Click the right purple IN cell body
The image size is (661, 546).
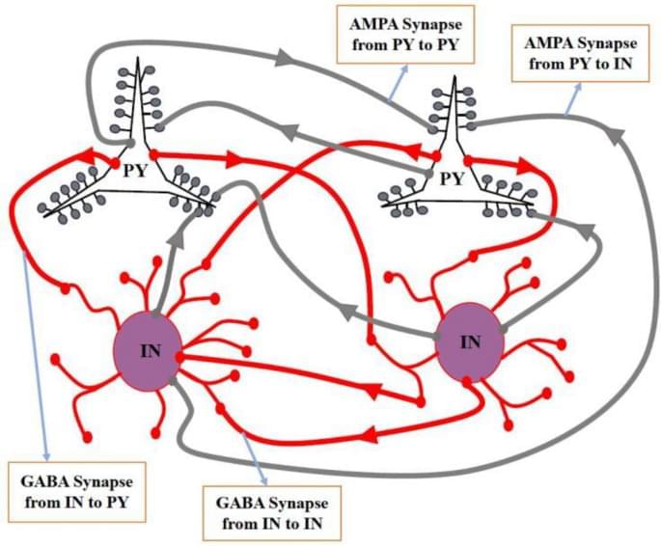[x=471, y=342]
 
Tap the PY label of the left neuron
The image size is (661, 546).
[x=136, y=173]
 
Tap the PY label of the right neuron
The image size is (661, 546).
[x=451, y=179]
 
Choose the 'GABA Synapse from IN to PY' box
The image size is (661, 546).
[x=77, y=490]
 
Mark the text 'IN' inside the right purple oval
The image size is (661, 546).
[x=471, y=342]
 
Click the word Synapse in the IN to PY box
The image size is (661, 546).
[x=106, y=480]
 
